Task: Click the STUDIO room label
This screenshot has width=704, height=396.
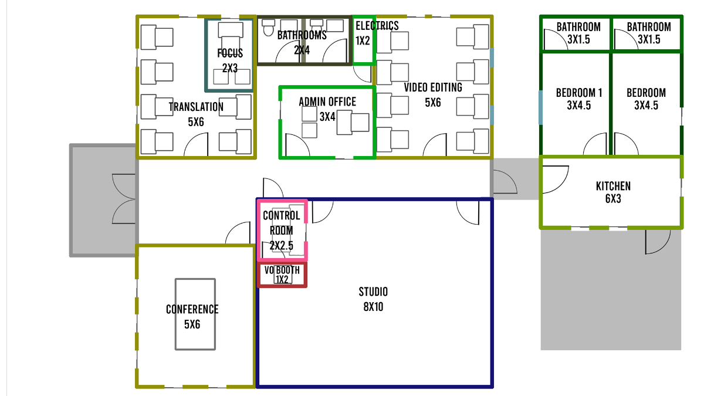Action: [373, 292]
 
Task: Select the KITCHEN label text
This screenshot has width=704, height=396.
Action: [613, 187]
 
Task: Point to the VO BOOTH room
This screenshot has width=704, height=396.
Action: [282, 275]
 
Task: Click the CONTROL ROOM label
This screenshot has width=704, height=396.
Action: [281, 223]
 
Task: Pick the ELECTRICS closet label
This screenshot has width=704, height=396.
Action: [377, 26]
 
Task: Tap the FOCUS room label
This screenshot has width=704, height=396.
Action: [230, 53]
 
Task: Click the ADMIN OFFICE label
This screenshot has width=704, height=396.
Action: [327, 102]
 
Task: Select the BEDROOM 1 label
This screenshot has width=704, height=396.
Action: [579, 93]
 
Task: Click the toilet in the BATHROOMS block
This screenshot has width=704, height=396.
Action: [269, 28]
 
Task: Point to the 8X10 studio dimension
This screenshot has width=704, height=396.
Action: [373, 307]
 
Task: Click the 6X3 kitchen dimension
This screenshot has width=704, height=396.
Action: [613, 199]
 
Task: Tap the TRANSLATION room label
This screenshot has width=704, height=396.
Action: [196, 107]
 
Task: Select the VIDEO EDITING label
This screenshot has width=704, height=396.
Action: [433, 87]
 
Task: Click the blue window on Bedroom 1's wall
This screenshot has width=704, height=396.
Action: [540, 107]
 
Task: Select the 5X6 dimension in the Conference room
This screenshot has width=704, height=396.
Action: [192, 324]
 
